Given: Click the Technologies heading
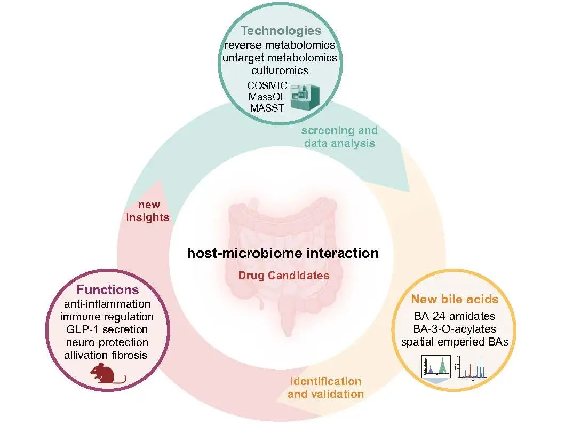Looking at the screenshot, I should pyautogui.click(x=281, y=30).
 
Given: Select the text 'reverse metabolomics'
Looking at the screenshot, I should pyautogui.click(x=281, y=45).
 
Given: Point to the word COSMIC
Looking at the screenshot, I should pyautogui.click(x=267, y=85).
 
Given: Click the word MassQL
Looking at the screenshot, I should pyautogui.click(x=267, y=97).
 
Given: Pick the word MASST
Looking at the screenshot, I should pyautogui.click(x=267, y=108).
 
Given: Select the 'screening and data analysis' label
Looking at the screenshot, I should pyautogui.click(x=339, y=137).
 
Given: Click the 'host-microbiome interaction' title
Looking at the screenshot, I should pyautogui.click(x=283, y=253).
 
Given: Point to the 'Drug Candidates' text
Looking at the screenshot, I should pyautogui.click(x=283, y=276).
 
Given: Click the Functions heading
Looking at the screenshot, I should pyautogui.click(x=108, y=290).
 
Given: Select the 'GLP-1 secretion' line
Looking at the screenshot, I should pyautogui.click(x=107, y=329).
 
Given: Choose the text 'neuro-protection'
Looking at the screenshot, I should pyautogui.click(x=107, y=342).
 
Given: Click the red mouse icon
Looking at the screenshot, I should pyautogui.click(x=107, y=374).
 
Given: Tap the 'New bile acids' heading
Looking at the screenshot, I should pyautogui.click(x=455, y=299).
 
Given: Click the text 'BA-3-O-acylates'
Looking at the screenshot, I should pyautogui.click(x=455, y=328).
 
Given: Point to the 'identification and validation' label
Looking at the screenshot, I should pyautogui.click(x=325, y=388).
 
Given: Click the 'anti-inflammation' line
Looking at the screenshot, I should pyautogui.click(x=107, y=304).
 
